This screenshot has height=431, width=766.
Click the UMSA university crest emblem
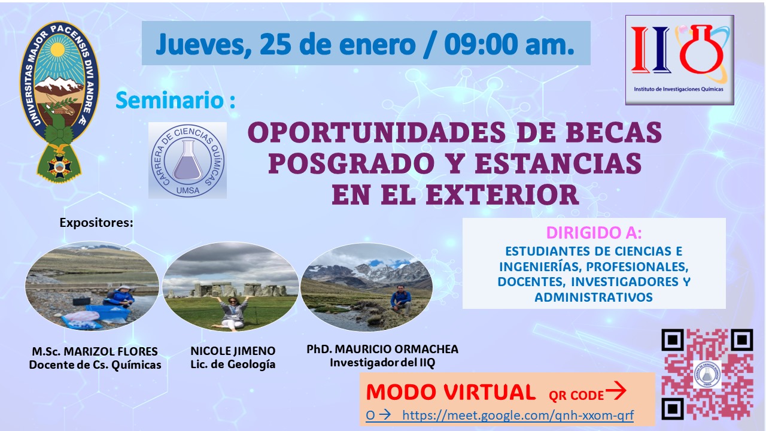coord(59,101)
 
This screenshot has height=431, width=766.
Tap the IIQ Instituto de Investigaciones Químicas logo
coord(679,60)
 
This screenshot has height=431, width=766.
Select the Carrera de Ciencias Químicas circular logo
coord(187,160)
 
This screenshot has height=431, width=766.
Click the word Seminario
coord(169,100)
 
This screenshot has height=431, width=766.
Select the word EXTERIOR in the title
coord(502,195)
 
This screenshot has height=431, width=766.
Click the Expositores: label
coord(96,223)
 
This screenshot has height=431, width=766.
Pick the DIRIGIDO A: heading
coord(594,233)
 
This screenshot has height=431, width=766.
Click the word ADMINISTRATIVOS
coord(594,297)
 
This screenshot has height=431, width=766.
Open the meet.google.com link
coord(518,415)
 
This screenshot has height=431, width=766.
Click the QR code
coord(707,374)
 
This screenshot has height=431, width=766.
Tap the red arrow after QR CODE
coord(616,391)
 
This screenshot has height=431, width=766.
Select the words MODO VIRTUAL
coord(451,392)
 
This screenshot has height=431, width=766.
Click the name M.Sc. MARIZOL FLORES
coord(95,351)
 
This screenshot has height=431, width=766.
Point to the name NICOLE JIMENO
coord(233,351)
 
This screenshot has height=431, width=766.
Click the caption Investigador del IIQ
coord(382,363)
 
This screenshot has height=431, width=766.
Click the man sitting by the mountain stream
coord(401,301)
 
